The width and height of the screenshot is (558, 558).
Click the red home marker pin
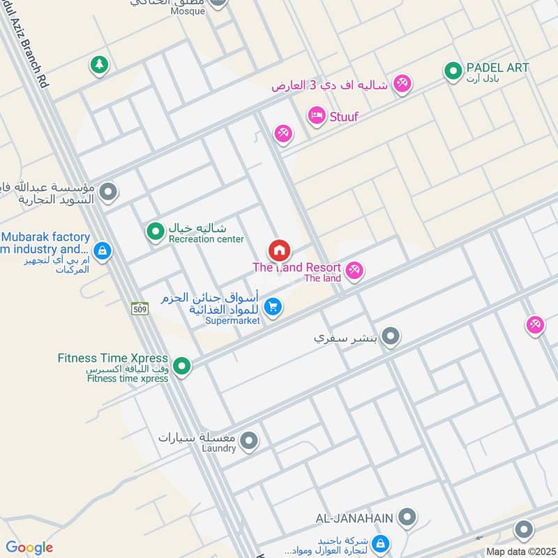(280, 250)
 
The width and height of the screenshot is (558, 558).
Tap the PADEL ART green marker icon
(453, 70)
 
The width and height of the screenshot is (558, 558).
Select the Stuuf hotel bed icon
(317, 116)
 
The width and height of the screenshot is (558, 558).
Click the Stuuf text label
(343, 116)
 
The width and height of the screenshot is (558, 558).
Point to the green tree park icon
(99, 65)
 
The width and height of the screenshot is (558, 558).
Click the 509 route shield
(139, 308)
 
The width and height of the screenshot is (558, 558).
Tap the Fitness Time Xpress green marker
(182, 365)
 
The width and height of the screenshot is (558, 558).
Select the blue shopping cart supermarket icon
(273, 306)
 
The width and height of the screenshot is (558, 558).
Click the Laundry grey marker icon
(248, 440)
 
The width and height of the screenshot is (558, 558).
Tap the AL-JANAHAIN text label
(354, 518)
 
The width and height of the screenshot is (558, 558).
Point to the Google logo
(29, 548)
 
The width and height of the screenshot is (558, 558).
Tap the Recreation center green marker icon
(155, 231)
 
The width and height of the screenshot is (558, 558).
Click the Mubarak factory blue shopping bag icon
(103, 250)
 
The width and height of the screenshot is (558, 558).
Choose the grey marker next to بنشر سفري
(391, 338)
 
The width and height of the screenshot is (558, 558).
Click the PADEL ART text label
(498, 68)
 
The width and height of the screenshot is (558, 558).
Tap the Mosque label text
(188, 11)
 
